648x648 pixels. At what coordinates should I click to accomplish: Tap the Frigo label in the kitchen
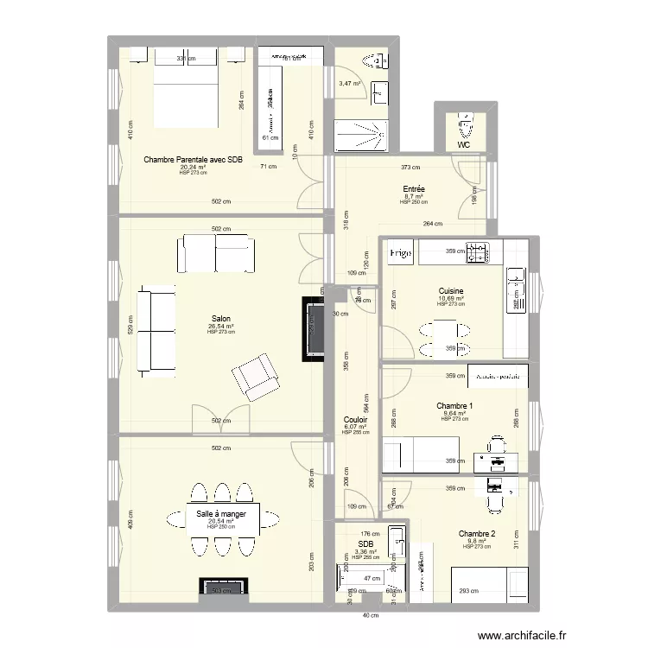pos(399,253)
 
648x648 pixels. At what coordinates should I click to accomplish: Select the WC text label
pos(464,145)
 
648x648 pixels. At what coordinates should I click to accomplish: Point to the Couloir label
pos(355,419)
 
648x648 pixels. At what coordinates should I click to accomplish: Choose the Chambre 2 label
pos(477,534)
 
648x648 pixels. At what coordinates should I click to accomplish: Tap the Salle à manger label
pos(221,514)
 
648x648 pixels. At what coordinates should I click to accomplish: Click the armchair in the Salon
pos(255,378)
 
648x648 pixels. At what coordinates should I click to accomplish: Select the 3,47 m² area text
pos(350,84)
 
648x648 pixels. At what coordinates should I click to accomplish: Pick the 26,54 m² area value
pos(216,327)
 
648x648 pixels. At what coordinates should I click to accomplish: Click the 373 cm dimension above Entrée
pos(410,168)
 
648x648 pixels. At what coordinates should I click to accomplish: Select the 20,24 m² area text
pos(193,168)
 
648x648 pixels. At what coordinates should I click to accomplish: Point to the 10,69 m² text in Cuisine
pos(451,299)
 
